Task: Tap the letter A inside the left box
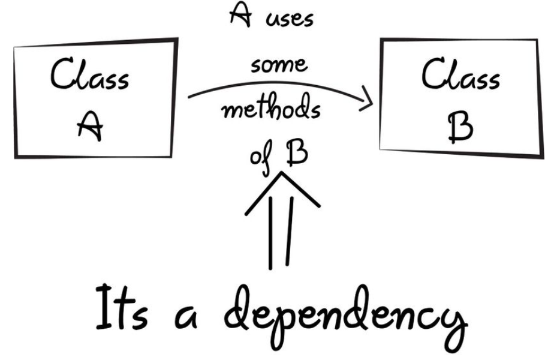pyautogui.click(x=90, y=126)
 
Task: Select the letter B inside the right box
pyautogui.click(x=460, y=128)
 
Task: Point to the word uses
pyautogui.click(x=289, y=19)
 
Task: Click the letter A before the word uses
pyautogui.click(x=240, y=15)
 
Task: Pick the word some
pyautogui.click(x=279, y=65)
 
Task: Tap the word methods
pyautogui.click(x=272, y=107)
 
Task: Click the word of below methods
pyautogui.click(x=261, y=157)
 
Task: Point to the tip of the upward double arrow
pyautogui.click(x=282, y=173)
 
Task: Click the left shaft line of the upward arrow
pyautogui.click(x=270, y=232)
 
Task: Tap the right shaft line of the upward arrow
pyautogui.click(x=290, y=232)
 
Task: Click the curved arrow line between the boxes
pyautogui.click(x=281, y=83)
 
